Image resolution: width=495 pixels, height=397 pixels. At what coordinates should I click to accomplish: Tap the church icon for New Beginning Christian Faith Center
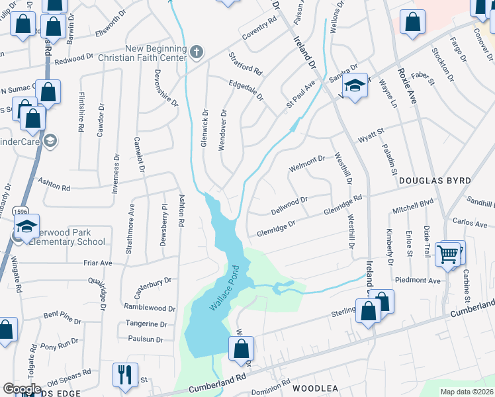[x=196, y=52]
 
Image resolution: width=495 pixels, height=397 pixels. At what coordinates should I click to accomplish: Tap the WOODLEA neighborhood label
[x=300, y=388]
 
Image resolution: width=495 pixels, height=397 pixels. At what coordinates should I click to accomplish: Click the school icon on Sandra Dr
[x=355, y=87]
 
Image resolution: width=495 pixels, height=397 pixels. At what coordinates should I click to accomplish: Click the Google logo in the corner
[x=22, y=388]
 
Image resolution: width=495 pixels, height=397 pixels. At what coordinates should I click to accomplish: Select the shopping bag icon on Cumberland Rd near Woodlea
[x=242, y=349]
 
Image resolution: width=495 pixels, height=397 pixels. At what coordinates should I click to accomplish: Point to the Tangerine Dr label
[x=146, y=324]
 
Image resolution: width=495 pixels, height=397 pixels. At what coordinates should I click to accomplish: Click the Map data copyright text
[x=467, y=392]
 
